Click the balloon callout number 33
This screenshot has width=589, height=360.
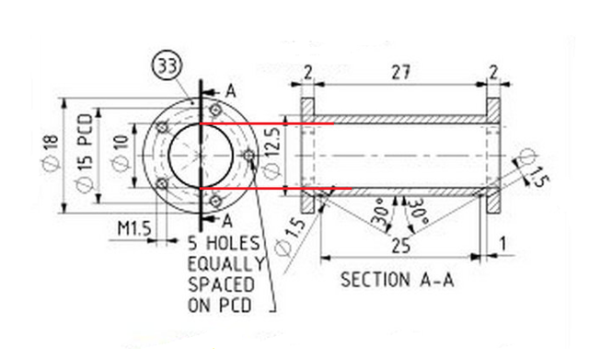click(x=167, y=66)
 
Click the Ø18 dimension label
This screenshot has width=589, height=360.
click(x=51, y=153)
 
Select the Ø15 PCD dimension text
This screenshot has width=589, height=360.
click(x=84, y=153)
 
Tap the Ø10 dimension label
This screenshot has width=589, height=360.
click(x=121, y=153)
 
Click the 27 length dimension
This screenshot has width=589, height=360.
click(x=401, y=72)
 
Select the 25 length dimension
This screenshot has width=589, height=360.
click(x=401, y=246)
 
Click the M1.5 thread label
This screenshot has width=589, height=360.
click(x=134, y=228)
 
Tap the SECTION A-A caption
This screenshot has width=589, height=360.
click(x=398, y=280)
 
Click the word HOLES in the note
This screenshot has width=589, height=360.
click(x=233, y=243)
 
